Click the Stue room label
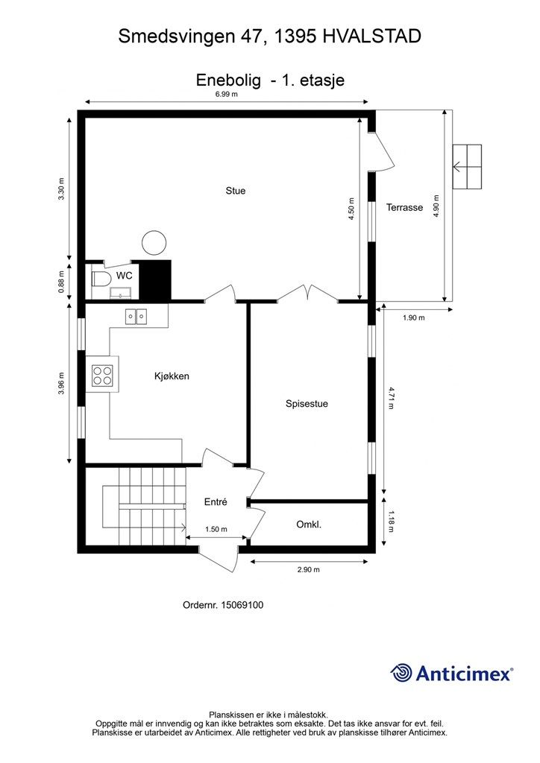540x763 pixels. (x=236, y=191)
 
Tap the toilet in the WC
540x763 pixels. (x=100, y=279)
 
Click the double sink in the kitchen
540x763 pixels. (x=136, y=317)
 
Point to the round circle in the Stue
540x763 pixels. (x=154, y=241)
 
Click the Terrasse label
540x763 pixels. (x=404, y=208)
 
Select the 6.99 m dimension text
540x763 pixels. (x=226, y=95)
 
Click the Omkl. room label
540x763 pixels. (x=308, y=525)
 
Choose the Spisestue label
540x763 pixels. (x=307, y=404)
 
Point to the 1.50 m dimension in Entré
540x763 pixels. (x=216, y=529)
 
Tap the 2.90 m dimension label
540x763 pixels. (x=308, y=570)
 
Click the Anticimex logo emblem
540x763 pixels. (x=402, y=673)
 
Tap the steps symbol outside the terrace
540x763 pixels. (x=467, y=167)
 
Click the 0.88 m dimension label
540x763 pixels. (x=62, y=282)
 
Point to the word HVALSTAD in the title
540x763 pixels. (x=371, y=36)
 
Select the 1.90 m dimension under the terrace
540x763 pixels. (x=413, y=318)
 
